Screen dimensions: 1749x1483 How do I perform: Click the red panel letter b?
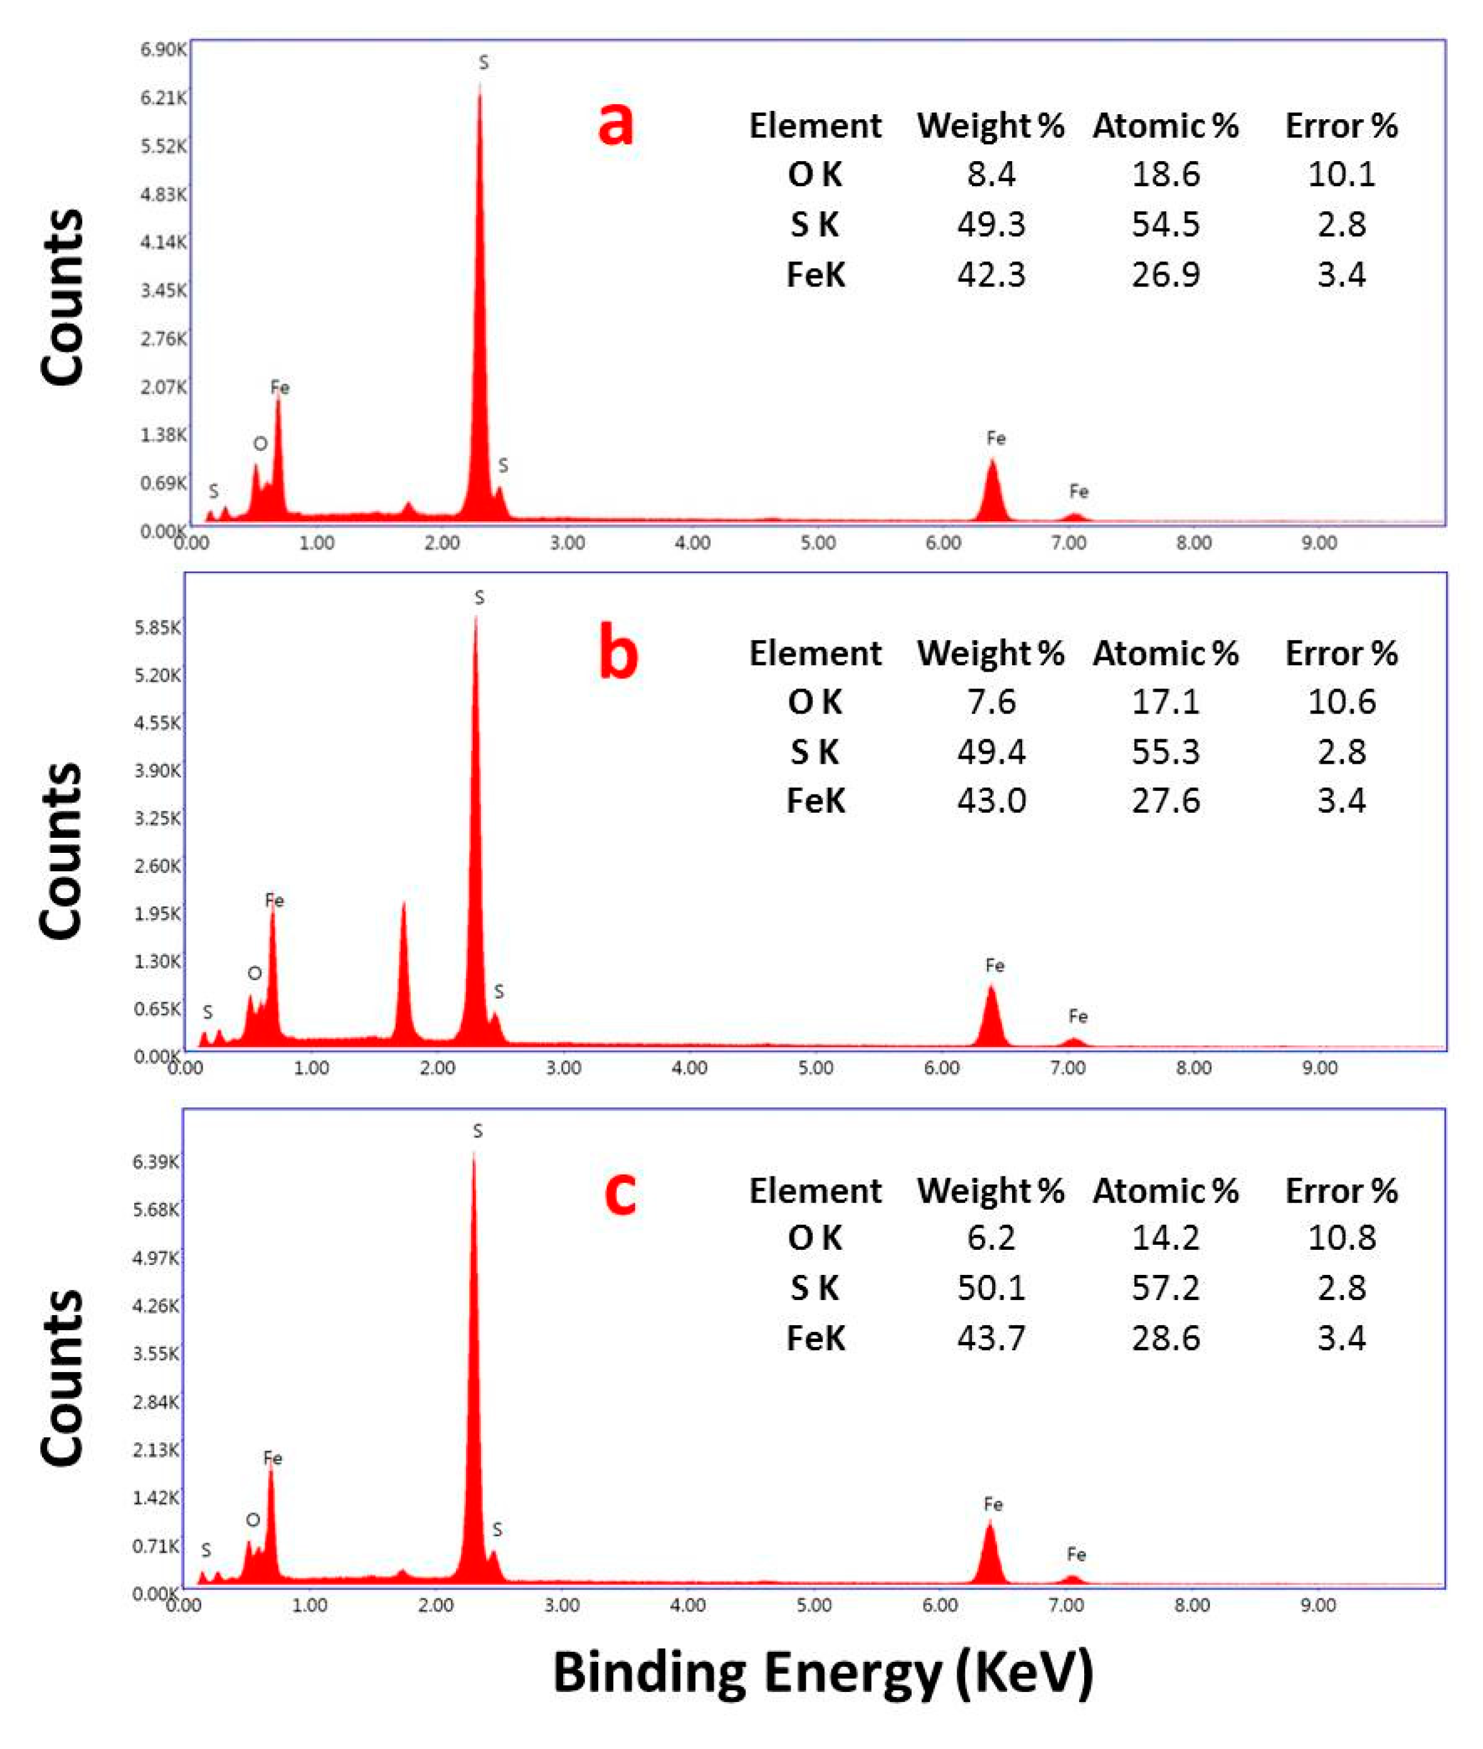click(x=618, y=654)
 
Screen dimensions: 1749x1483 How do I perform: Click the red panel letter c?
click(x=620, y=1192)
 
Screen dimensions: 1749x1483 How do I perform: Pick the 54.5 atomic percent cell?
click(x=1165, y=225)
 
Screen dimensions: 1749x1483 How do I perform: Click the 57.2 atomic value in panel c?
click(x=1165, y=1287)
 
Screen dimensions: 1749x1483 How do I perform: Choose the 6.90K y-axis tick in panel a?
click(x=163, y=50)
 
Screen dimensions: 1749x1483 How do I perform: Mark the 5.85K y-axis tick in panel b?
click(x=157, y=627)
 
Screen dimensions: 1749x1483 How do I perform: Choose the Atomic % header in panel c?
click(x=1165, y=1191)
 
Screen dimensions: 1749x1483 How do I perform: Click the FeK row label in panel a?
click(x=815, y=275)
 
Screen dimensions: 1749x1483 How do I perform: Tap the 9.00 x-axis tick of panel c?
click(x=1317, y=1606)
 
